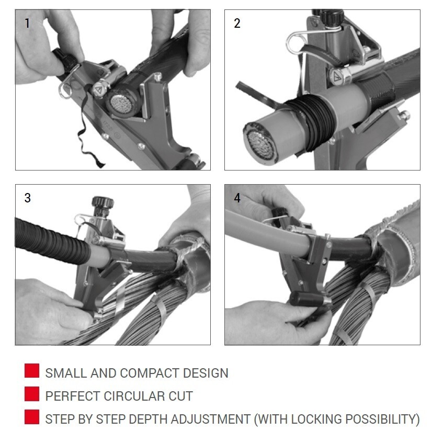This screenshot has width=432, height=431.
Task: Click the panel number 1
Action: tap(27, 23)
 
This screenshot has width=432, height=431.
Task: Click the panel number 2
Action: tap(237, 23)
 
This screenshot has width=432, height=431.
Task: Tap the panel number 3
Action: tap(28, 198)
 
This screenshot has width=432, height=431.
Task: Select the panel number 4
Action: tap(237, 198)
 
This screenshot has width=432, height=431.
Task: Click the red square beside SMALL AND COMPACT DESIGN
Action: tap(32, 371)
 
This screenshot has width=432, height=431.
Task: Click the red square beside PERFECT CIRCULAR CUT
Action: tap(32, 394)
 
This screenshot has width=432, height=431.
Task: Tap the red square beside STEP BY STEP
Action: tap(32, 417)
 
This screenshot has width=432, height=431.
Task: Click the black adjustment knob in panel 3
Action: tap(103, 203)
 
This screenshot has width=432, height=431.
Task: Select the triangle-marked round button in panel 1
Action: tap(98, 89)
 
